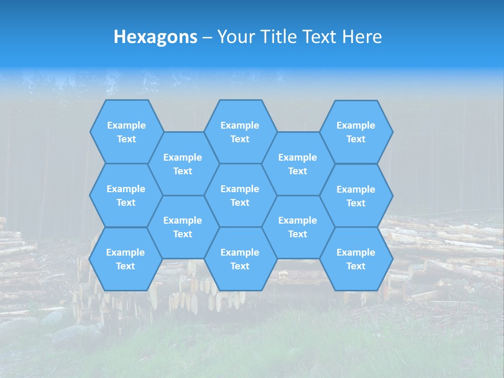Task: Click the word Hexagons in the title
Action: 155,37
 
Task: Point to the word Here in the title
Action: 362,37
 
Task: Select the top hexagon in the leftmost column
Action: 126,132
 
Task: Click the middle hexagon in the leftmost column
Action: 126,195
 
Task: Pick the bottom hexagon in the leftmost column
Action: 125,259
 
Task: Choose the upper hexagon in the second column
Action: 183,164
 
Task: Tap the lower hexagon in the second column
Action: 183,227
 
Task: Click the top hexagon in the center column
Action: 240,132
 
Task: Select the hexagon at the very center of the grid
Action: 240,195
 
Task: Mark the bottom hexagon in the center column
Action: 240,259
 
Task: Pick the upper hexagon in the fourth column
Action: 298,164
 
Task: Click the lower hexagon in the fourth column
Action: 298,227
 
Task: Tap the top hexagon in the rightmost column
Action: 356,132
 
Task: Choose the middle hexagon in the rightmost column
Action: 356,196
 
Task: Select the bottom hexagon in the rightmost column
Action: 356,259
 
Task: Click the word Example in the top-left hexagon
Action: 126,125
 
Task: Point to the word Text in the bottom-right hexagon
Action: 356,266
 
